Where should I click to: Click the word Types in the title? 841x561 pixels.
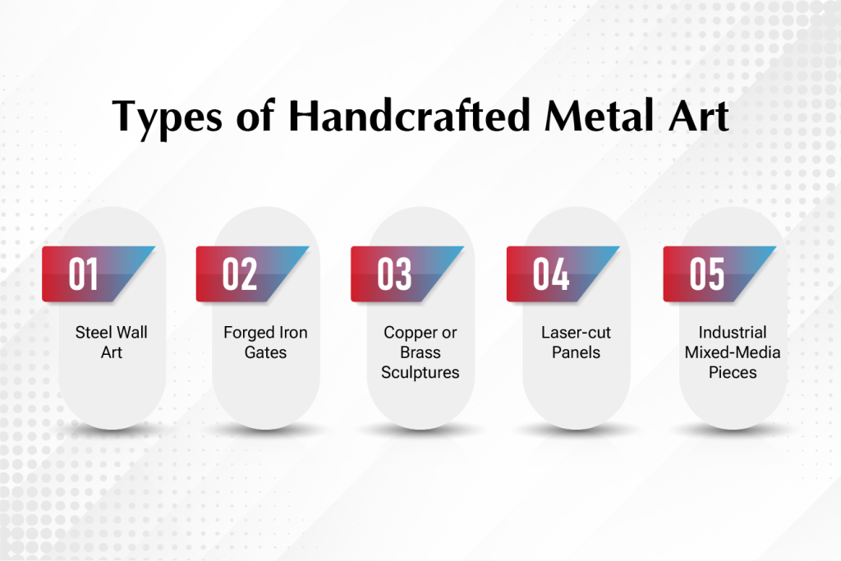pyautogui.click(x=167, y=117)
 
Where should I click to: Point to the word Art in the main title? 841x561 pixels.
pyautogui.click(x=699, y=116)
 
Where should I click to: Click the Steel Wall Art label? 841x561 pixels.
pyautogui.click(x=112, y=343)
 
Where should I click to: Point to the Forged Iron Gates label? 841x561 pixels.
pyautogui.click(x=265, y=343)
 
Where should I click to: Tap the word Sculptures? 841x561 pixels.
pyautogui.click(x=420, y=373)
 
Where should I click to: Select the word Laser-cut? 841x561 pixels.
pyautogui.click(x=576, y=333)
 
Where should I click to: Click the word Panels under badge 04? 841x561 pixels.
pyautogui.click(x=576, y=352)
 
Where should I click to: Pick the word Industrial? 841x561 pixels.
pyautogui.click(x=733, y=333)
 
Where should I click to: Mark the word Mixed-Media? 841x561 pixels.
pyautogui.click(x=733, y=352)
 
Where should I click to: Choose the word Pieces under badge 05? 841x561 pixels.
pyautogui.click(x=733, y=372)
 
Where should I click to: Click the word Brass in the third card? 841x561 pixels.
pyautogui.click(x=420, y=352)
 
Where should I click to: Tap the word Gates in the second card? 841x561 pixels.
pyautogui.click(x=265, y=352)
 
